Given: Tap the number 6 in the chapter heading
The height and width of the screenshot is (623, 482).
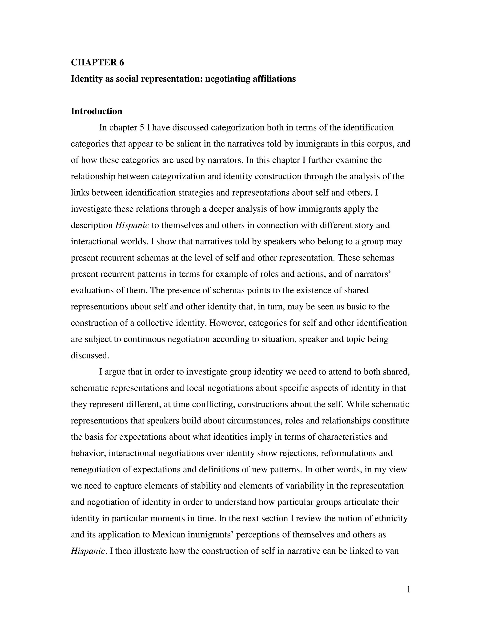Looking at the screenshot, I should point(122,63).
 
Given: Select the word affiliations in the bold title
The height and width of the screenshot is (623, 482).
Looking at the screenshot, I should point(274,79).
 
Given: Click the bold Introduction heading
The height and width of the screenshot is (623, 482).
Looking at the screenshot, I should point(96,111).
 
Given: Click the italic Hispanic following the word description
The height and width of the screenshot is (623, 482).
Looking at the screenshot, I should point(132,225).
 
